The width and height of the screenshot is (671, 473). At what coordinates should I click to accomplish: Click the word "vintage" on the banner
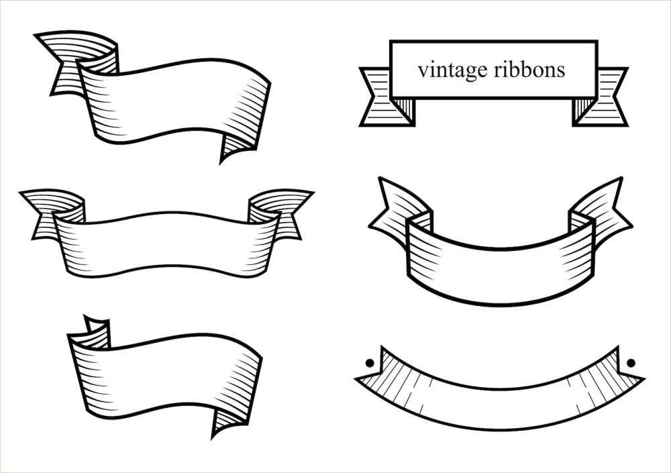(453, 70)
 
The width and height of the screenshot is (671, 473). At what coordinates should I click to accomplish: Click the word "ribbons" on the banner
(529, 69)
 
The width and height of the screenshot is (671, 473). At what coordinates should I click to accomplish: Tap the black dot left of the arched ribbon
(370, 364)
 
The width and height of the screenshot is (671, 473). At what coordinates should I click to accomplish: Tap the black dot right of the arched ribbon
(630, 364)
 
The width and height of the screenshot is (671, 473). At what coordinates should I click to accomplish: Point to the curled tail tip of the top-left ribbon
(221, 162)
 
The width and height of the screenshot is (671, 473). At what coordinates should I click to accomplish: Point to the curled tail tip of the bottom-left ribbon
(213, 437)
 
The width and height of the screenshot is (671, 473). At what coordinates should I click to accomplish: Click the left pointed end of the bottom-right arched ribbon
(356, 379)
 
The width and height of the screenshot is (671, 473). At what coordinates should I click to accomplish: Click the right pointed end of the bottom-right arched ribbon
(643, 379)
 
